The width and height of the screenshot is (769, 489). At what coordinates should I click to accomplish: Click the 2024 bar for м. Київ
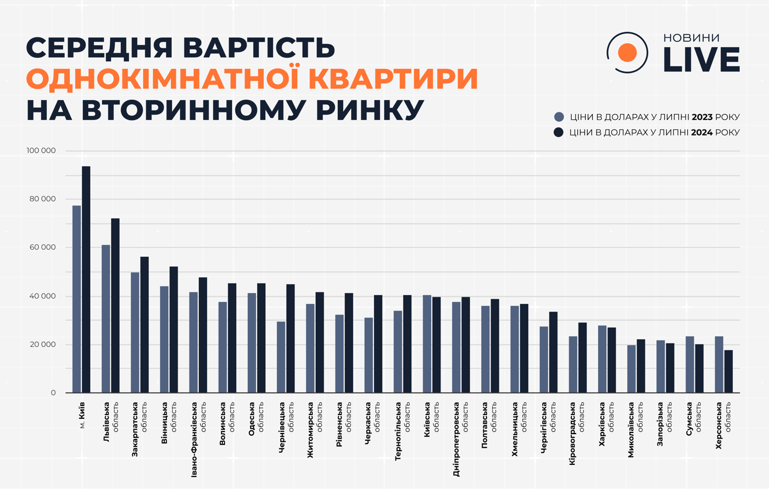pos(86,279)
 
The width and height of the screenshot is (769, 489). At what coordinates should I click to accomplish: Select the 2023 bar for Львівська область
pos(105,319)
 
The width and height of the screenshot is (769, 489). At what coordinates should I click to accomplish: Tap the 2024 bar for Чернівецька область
pos(291,338)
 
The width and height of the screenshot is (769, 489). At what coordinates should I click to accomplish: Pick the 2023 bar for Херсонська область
pos(719,364)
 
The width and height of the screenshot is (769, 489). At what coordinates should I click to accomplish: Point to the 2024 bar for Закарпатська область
pos(144,324)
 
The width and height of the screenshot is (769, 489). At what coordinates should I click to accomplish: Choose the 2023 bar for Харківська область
pos(602,359)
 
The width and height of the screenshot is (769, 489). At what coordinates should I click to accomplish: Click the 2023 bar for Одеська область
pos(252,342)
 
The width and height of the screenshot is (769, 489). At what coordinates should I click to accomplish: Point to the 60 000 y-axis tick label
pos(43,248)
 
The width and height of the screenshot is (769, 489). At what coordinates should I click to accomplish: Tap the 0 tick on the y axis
pos(53,393)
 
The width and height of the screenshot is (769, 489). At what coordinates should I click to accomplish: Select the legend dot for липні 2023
pos(559,117)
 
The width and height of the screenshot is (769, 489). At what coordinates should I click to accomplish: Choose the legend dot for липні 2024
pos(559,132)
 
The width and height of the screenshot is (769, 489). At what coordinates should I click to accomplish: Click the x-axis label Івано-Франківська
pos(194,439)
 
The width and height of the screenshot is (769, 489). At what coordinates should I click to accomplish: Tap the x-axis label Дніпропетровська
pos(456,439)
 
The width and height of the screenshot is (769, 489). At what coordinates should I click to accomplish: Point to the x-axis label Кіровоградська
pos(573,434)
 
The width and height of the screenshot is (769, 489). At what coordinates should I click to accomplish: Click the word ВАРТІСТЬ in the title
pos(259,48)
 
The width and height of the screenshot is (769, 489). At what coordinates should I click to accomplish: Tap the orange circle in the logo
pos(627,53)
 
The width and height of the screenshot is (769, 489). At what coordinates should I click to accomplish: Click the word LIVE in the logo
pos(701,59)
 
